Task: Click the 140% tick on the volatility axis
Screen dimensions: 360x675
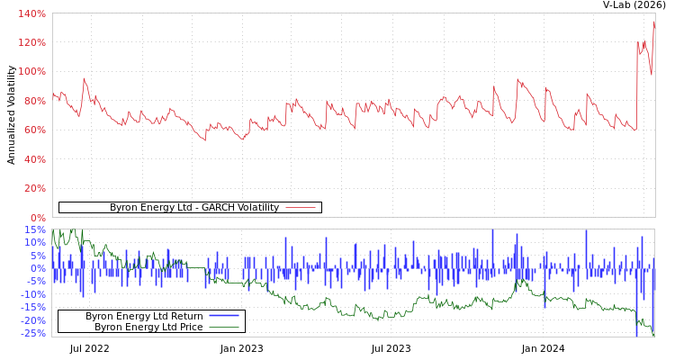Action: point(31,13)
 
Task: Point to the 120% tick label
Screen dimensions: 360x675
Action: point(31,42)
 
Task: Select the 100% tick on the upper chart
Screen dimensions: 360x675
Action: point(31,71)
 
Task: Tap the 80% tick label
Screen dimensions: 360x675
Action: point(34,101)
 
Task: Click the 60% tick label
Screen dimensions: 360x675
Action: point(34,130)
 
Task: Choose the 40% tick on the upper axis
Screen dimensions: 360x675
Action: point(34,159)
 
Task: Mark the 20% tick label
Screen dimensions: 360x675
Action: point(34,188)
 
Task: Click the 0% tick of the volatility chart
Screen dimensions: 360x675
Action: point(38,217)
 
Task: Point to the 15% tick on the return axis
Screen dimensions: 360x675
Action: point(34,229)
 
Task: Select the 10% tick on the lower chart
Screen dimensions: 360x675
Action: point(34,242)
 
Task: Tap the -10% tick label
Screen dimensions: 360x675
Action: point(32,294)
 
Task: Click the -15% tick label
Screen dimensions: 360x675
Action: point(32,307)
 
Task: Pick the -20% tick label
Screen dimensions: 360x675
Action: point(32,320)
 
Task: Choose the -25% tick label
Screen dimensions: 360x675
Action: point(32,333)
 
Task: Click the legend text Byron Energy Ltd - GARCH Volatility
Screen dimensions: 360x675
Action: point(193,208)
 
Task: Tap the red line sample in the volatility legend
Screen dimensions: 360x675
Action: point(301,208)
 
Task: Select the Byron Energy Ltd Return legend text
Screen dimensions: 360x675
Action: point(144,316)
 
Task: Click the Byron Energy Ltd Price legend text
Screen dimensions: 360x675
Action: point(148,327)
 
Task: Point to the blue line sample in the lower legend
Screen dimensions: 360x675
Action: point(224,316)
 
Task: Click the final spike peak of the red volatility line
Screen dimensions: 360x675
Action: point(654,22)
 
